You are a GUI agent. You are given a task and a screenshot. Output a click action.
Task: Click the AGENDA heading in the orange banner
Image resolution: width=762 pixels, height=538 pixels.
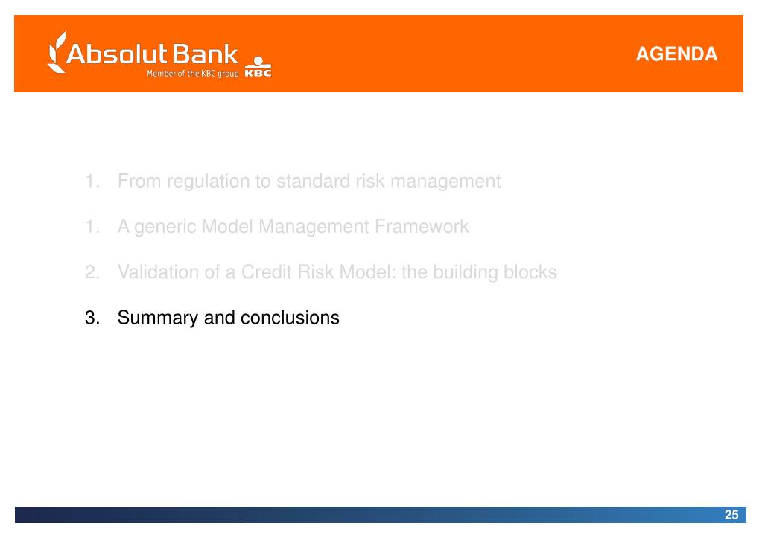[676, 54]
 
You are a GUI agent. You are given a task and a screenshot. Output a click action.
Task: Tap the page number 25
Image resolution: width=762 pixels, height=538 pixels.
[731, 515]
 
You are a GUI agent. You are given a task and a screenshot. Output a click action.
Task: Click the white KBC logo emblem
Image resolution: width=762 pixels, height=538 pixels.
[258, 67]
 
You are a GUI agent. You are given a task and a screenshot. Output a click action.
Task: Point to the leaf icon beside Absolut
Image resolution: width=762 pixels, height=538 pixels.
[57, 52]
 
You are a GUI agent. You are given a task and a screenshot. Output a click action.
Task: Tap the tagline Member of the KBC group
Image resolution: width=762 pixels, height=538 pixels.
[192, 74]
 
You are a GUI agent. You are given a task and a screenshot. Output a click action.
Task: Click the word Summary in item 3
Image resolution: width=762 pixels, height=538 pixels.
[158, 318]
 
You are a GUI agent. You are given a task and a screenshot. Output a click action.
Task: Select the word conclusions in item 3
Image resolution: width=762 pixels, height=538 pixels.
[290, 318]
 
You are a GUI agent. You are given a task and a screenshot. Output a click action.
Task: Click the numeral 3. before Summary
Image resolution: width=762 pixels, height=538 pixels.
[92, 318]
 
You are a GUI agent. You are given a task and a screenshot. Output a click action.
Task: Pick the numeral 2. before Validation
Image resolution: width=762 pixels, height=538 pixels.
[92, 272]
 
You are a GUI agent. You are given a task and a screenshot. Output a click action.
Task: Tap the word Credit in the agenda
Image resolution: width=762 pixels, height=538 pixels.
[267, 272]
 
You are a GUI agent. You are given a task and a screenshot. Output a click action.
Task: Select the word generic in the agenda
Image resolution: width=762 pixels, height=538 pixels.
[165, 227]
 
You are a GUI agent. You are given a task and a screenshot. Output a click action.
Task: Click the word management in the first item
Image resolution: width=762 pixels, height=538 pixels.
[445, 182]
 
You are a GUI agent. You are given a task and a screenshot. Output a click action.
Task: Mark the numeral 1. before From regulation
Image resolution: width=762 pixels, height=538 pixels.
[92, 181]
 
